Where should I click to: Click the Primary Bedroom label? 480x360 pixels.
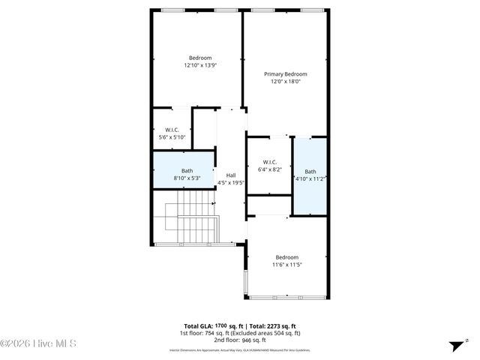tap(286, 74)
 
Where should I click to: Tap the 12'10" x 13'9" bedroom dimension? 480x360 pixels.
tap(200, 65)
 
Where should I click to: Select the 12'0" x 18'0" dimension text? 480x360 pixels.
tap(286, 82)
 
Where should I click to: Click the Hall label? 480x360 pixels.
tap(231, 175)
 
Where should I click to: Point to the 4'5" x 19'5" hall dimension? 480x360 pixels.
tap(231, 182)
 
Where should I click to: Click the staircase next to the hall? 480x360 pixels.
tap(190, 217)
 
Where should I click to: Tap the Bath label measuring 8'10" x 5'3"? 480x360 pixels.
tap(187, 171)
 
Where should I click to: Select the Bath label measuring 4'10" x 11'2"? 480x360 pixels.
tap(310, 171)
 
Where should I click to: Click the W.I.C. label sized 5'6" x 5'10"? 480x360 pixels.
tap(172, 130)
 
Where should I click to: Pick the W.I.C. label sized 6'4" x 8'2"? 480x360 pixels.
tap(271, 162)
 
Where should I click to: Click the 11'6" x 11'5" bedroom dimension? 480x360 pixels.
tap(287, 264)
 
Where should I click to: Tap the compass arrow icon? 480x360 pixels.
tap(455, 345)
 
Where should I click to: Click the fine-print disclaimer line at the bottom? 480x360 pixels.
tap(239, 350)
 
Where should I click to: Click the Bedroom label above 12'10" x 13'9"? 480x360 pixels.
tap(200, 58)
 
